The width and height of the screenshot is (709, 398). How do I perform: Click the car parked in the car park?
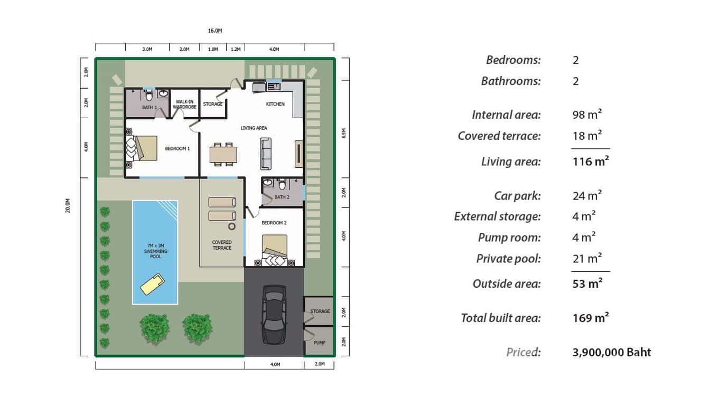click(x=274, y=315)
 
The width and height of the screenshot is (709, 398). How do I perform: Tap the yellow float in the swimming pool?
click(x=151, y=284)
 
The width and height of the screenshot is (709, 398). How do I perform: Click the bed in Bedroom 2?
click(x=275, y=251)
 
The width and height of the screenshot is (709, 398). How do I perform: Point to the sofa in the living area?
click(x=265, y=153)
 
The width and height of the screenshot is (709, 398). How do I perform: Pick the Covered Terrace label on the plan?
click(x=222, y=245)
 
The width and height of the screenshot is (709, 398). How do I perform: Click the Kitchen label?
click(x=275, y=104)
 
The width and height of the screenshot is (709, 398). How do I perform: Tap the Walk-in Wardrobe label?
click(x=184, y=104)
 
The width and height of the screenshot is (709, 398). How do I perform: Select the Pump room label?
click(x=320, y=343)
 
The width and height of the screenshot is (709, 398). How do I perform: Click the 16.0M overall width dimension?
click(x=215, y=31)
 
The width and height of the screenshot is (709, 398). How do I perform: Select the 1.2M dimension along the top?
click(x=235, y=49)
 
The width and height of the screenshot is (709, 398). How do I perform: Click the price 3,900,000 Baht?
click(x=611, y=352)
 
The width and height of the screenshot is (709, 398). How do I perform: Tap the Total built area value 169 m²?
click(x=590, y=318)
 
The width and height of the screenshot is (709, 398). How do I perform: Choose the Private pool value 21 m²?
click(x=587, y=259)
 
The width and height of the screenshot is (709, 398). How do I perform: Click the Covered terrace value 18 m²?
click(x=587, y=136)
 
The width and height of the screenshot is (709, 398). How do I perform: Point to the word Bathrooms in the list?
click(x=510, y=81)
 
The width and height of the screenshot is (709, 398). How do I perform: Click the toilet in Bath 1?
click(x=149, y=95)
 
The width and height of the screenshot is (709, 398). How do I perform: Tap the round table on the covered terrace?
click(x=231, y=226)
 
